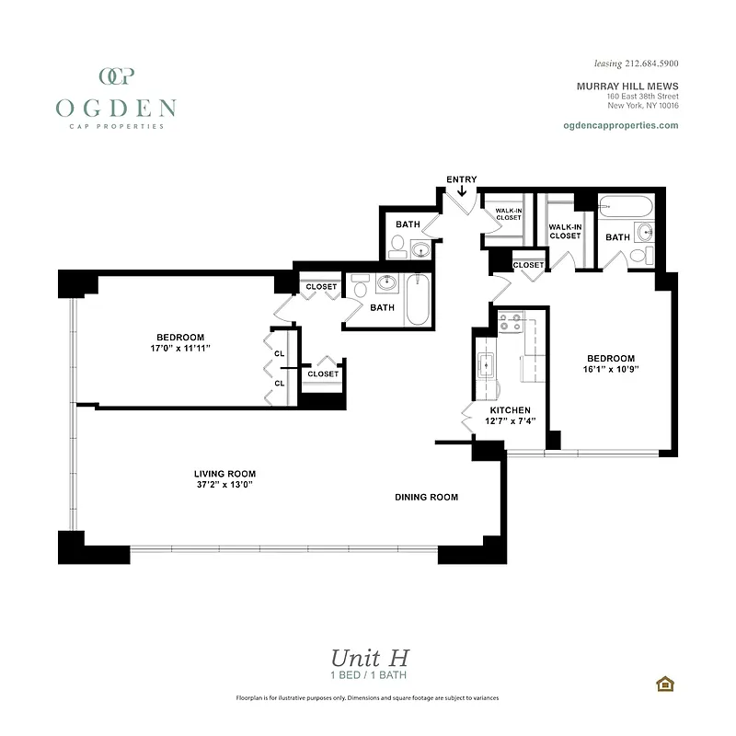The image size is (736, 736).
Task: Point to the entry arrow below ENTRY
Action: pos(461,191)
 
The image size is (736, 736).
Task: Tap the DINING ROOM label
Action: pos(426,497)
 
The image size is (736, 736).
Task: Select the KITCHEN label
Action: pos(510,409)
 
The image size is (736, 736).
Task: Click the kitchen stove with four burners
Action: pos(511,323)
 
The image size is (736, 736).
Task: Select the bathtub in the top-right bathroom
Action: pos(626,207)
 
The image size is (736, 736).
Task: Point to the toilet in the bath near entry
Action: pos(397,246)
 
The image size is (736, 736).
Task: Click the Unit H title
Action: pos(369,658)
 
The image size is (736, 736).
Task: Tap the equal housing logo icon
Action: pos(663,683)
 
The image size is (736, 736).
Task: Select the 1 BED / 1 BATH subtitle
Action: pos(369,676)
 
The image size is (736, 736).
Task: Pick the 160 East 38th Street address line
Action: pos(642,96)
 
